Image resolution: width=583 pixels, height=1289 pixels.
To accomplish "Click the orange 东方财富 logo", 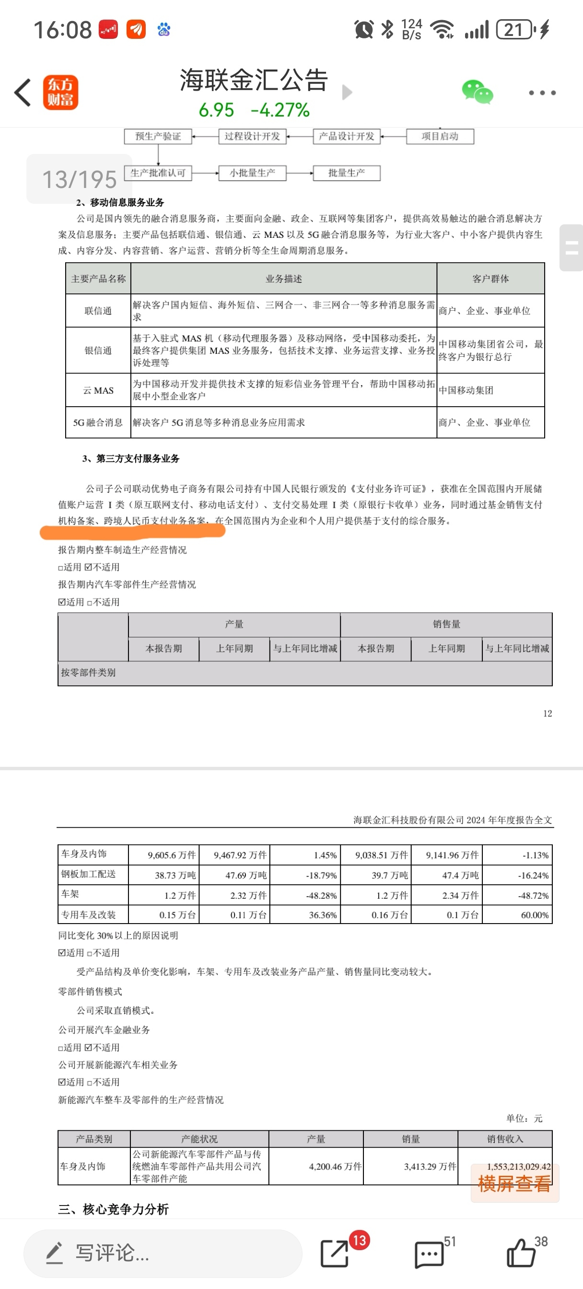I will coord(60,93).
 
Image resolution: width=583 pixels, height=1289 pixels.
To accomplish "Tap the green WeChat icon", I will coord(477,92).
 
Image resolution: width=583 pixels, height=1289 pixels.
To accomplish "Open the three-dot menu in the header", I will coord(542,93).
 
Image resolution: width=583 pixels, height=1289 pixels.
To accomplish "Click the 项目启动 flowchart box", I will coord(440,136).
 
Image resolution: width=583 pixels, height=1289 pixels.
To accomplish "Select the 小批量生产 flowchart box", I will coord(252,173).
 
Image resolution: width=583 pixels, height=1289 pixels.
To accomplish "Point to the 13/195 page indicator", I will coord(79,179).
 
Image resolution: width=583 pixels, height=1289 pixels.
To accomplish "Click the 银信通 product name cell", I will coord(98,350).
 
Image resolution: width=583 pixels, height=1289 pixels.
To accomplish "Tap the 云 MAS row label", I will coord(98,390).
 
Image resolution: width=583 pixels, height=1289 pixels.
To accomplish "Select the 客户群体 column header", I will coord(490,279).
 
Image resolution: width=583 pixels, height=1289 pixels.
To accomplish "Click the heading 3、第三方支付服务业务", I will coord(130,458).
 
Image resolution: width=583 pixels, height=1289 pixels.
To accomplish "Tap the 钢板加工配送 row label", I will coord(89,874).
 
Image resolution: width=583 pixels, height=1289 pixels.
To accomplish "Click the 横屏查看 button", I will coord(514,1184).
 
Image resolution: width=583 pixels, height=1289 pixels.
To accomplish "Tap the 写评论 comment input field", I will coord(163,1253).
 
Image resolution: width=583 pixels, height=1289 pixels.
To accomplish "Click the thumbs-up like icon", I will coord(521,1253).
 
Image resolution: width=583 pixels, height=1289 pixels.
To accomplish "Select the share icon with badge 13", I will coord(335,1253).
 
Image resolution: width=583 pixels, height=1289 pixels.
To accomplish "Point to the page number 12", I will coord(548,714).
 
